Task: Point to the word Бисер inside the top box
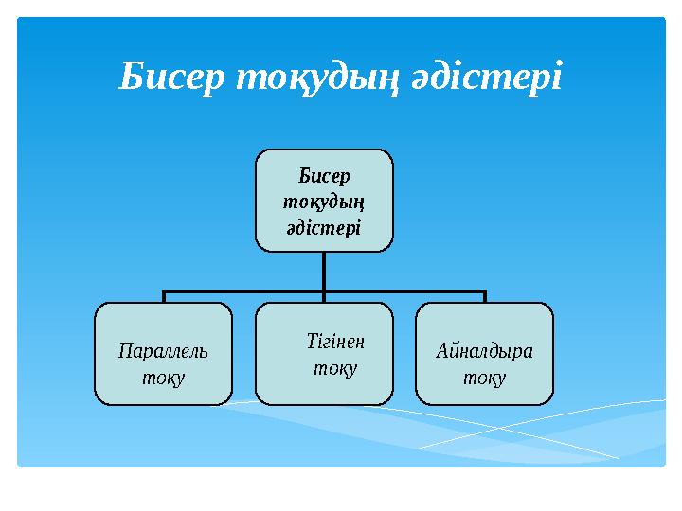point(324,176)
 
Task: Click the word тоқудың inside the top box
point(324,202)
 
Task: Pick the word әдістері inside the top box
point(324,227)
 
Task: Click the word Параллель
point(163,351)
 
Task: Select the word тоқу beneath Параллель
point(163,377)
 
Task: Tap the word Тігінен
point(335,340)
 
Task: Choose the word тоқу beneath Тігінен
point(335,366)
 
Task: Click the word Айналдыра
point(484,351)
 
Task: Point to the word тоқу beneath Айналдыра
point(484,377)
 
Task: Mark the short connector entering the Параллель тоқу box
point(163,297)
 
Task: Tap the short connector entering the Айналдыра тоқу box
point(484,297)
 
